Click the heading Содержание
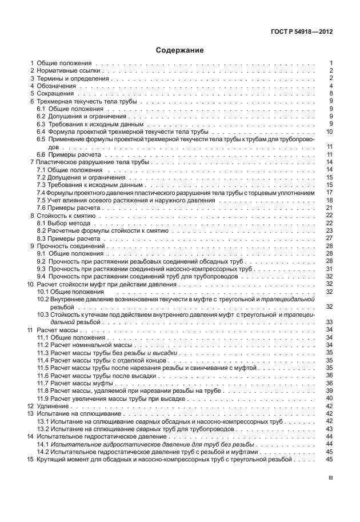point(180,50)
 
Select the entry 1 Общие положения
point(62,62)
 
